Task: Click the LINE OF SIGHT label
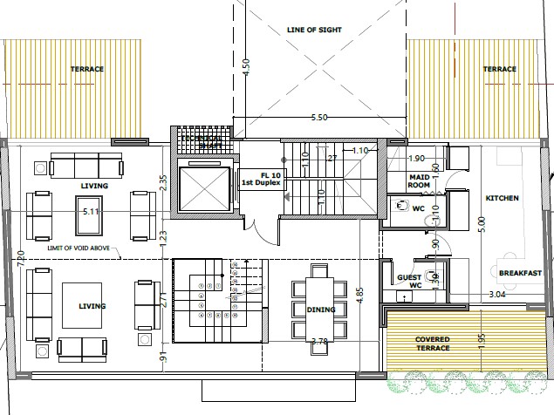pyautogui.click(x=314, y=29)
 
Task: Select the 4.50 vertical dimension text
pyautogui.click(x=246, y=67)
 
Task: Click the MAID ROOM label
pyautogui.click(x=420, y=180)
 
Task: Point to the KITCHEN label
pyautogui.click(x=502, y=199)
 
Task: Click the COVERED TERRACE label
pyautogui.click(x=433, y=344)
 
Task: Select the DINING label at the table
pyautogui.click(x=320, y=309)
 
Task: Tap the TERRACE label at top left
pyautogui.click(x=87, y=69)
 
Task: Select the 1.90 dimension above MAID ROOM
pyautogui.click(x=416, y=159)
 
